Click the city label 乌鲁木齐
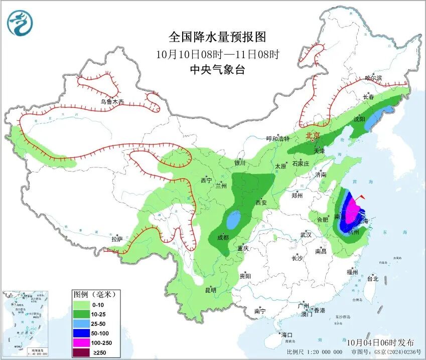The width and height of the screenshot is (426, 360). pyautogui.click(x=111, y=101)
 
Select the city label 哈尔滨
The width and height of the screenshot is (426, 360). pyautogui.click(x=373, y=78)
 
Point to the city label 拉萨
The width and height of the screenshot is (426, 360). pyautogui.click(x=117, y=239)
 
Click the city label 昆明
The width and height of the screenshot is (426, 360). pyautogui.click(x=210, y=290)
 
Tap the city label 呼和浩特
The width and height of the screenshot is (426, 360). pyautogui.click(x=278, y=138)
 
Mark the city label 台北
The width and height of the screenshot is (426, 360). pyautogui.click(x=372, y=279)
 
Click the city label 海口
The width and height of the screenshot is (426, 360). pyautogui.click(x=287, y=334)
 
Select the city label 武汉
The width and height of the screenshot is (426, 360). pyautogui.click(x=306, y=235)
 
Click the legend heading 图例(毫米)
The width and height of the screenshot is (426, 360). pyautogui.click(x=94, y=294)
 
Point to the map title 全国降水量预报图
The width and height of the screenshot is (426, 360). pyautogui.click(x=217, y=37)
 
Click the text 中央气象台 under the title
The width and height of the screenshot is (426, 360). pyautogui.click(x=217, y=70)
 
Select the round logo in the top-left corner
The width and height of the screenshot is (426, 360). pyautogui.click(x=20, y=23)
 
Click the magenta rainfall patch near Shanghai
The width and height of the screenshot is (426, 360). pyautogui.click(x=353, y=211)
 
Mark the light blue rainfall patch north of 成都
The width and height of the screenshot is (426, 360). pyautogui.click(x=233, y=219)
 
